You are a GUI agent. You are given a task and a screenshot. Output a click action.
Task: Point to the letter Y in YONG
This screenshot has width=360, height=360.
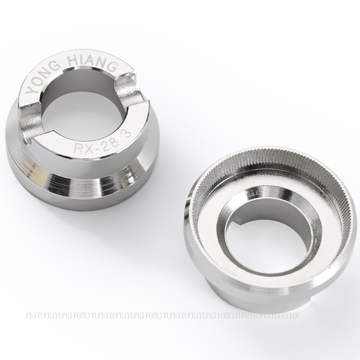tap(30, 90)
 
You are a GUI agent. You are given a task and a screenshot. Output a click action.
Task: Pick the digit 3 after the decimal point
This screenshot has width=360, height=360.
tap(127, 134)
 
